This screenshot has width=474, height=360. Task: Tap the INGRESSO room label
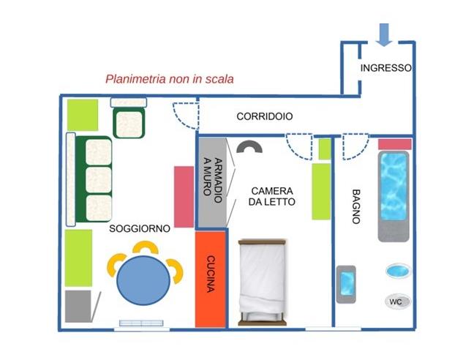pos(385,68)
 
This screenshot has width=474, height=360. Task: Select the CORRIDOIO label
pos(265,116)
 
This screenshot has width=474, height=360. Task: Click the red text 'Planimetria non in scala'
pos(170,79)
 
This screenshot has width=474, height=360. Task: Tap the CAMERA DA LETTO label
pos(271,195)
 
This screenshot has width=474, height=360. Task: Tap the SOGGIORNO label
pos(140,228)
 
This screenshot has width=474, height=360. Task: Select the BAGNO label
pos(356,206)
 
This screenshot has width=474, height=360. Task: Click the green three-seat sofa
pos(92,180)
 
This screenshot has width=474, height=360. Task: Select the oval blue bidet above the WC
pos(396,271)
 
